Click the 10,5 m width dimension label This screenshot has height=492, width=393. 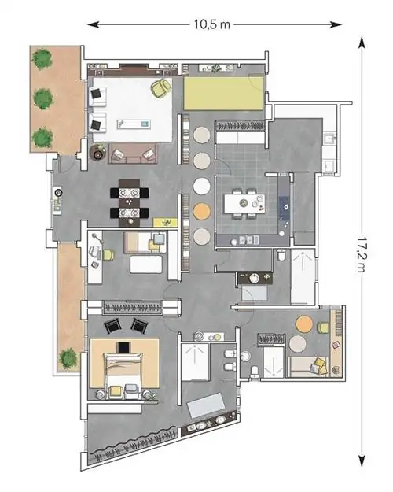click(x=212, y=24)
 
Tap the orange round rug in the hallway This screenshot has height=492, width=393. click(x=201, y=212)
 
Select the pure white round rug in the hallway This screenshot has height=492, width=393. click(x=201, y=186)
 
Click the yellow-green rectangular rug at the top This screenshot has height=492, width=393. click(x=223, y=93)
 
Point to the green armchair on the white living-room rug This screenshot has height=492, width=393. click(x=161, y=87)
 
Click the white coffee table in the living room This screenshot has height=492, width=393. click(x=134, y=124)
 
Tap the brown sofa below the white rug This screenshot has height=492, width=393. click(x=133, y=154)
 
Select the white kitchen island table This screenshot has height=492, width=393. click(x=244, y=204)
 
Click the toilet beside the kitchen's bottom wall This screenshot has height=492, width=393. click(x=281, y=254)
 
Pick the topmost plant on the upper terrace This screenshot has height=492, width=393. click(x=42, y=59)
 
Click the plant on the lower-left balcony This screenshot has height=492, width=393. click(x=68, y=358)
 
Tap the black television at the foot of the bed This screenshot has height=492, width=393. click(x=123, y=347)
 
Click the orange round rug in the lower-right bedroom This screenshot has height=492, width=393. click(x=304, y=324)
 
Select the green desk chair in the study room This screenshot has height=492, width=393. click(x=108, y=255)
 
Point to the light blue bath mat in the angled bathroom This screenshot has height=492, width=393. click(x=206, y=405)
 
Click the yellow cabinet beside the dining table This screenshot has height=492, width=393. click(x=165, y=223)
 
